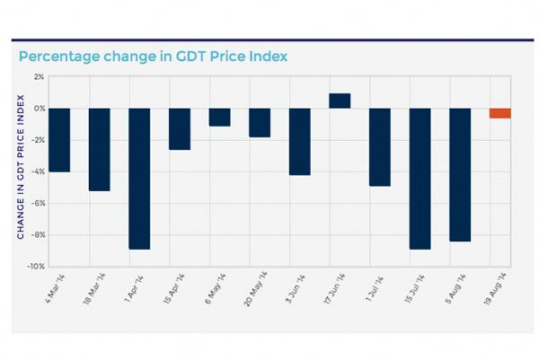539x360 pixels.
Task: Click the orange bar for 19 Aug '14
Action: pos(500,113)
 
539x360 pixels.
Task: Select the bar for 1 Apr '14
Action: pos(139,178)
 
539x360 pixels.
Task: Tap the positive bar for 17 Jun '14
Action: pos(340,101)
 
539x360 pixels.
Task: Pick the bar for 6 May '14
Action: pos(219,117)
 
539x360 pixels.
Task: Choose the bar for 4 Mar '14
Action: pos(59,139)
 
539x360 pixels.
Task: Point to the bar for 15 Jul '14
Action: pos(420,178)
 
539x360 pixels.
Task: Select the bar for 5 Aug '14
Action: pos(460,174)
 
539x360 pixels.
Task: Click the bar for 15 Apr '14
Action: pos(179,128)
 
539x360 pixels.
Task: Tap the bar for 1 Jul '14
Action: pos(380,146)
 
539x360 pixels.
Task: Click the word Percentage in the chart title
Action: pos(58,57)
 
